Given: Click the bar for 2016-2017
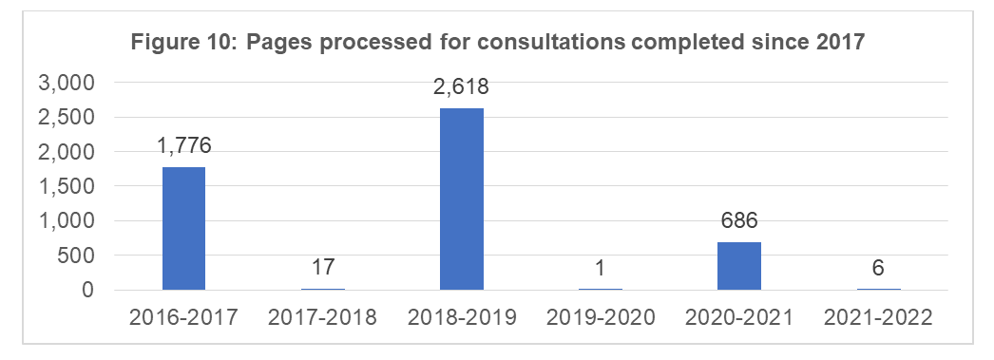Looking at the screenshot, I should pos(183,228).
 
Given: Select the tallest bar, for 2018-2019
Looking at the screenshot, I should pos(462,199).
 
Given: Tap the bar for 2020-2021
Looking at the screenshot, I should pos(739,265).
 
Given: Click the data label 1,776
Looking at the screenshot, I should pos(183,146).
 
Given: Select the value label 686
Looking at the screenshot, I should pos(739,222).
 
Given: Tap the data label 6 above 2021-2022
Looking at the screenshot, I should pos(878,268).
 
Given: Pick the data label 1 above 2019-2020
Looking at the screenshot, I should pos(601,268).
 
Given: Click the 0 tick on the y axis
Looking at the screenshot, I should pos(89,290).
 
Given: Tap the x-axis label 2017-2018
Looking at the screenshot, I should pos(323,317).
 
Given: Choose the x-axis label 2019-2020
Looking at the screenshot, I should pos(601,317).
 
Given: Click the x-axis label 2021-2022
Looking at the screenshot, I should pos(878,317).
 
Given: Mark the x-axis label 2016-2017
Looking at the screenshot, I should pos(183,317).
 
